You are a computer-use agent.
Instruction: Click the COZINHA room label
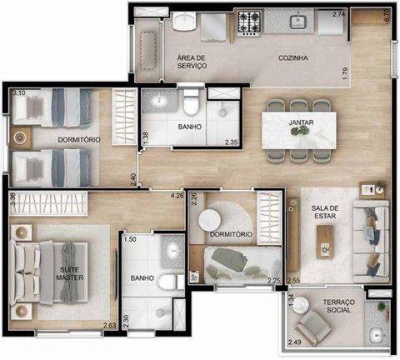click(x=293, y=58)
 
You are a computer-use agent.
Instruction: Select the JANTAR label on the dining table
click(x=300, y=121)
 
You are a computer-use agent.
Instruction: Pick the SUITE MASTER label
click(x=69, y=272)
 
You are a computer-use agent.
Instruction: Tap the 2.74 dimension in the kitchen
click(x=339, y=14)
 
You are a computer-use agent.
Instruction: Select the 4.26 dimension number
click(x=177, y=196)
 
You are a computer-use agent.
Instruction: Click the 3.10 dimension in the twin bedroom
click(x=19, y=92)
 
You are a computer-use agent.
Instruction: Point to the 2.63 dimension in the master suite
click(x=108, y=325)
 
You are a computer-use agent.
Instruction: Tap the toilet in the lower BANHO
click(x=169, y=281)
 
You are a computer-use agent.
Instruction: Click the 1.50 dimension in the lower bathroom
click(x=130, y=239)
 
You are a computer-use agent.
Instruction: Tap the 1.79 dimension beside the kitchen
click(x=344, y=74)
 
